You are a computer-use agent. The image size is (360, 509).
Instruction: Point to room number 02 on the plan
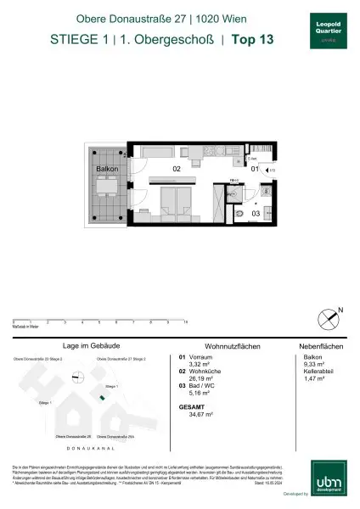point(177,170)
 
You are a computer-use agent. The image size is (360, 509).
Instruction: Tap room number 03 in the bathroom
point(254,214)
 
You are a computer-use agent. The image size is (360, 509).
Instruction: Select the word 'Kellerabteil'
point(315,372)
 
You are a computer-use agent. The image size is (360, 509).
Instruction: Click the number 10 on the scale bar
point(186,323)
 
